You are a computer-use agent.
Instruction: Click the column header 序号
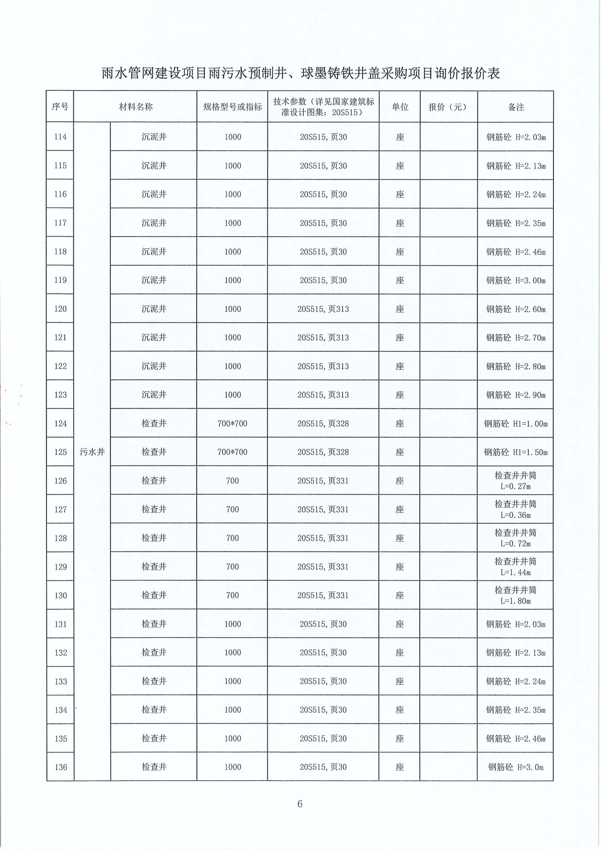pyautogui.click(x=60, y=107)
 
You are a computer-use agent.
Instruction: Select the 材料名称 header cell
pyautogui.click(x=135, y=107)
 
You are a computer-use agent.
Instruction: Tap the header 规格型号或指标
pyautogui.click(x=232, y=107)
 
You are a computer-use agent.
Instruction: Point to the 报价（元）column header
pyautogui.click(x=448, y=107)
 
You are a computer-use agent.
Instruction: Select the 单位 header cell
pyautogui.click(x=400, y=107)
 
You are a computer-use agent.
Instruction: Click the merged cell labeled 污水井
pyautogui.click(x=92, y=452)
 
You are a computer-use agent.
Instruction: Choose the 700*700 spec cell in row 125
pyautogui.click(x=232, y=452)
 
